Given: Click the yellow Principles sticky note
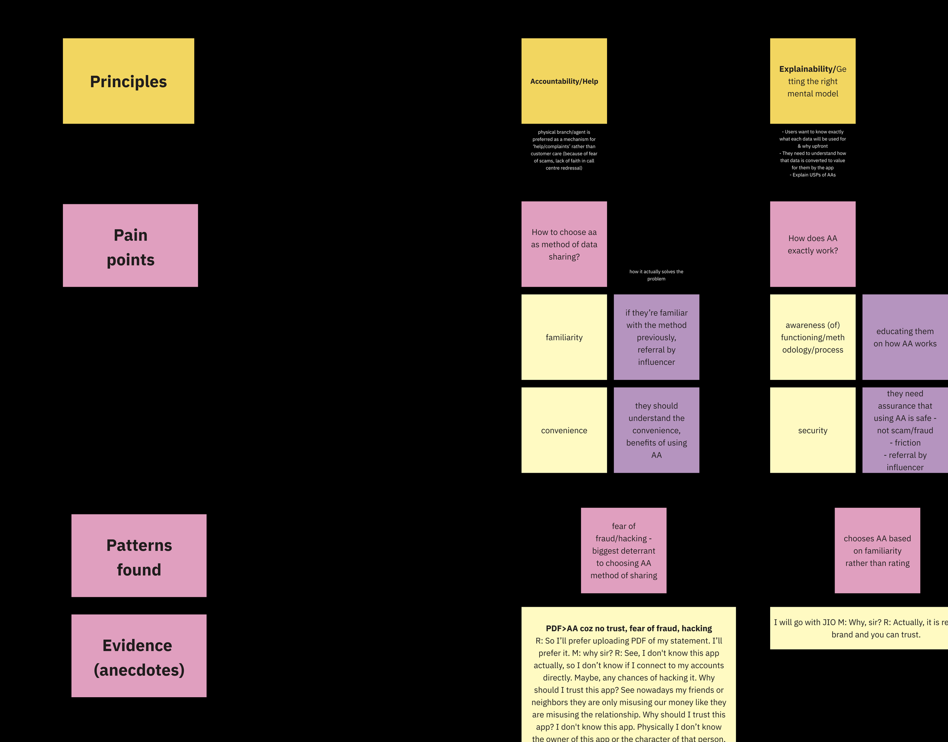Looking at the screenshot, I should pyautogui.click(x=128, y=81).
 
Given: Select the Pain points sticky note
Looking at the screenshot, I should pyautogui.click(x=130, y=245).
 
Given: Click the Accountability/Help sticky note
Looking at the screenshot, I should pyautogui.click(x=564, y=81).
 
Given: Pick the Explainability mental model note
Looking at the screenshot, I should pyautogui.click(x=813, y=81).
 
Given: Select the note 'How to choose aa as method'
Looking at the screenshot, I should pyautogui.click(x=564, y=244).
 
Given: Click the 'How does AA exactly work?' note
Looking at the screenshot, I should pyautogui.click(x=813, y=244).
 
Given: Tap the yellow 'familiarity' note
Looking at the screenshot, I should pyautogui.click(x=564, y=337).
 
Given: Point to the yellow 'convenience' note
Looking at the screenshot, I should pyautogui.click(x=564, y=430).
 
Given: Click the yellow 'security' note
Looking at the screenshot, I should pyautogui.click(x=813, y=430).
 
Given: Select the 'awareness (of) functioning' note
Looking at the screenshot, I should pyautogui.click(x=813, y=337).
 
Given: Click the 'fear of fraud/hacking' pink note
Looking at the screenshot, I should pyautogui.click(x=623, y=551).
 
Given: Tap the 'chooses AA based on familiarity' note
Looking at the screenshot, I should pyautogui.click(x=877, y=551).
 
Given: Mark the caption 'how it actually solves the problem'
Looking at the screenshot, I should pyautogui.click(x=656, y=275).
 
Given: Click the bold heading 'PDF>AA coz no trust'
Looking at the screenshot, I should pyautogui.click(x=629, y=628).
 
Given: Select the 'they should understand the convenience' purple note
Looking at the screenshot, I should pyautogui.click(x=656, y=430).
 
